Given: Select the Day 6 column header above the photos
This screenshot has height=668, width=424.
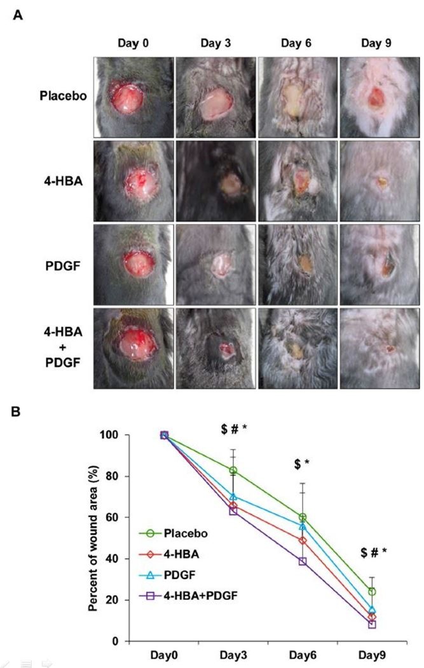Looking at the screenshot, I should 297,43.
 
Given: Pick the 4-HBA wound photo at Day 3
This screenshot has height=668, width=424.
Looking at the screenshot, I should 215,180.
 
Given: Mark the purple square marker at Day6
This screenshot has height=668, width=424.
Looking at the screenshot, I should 303,561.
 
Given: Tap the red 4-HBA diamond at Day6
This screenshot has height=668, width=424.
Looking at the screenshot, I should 303,540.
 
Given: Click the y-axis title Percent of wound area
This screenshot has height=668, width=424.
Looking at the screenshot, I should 93,537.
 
